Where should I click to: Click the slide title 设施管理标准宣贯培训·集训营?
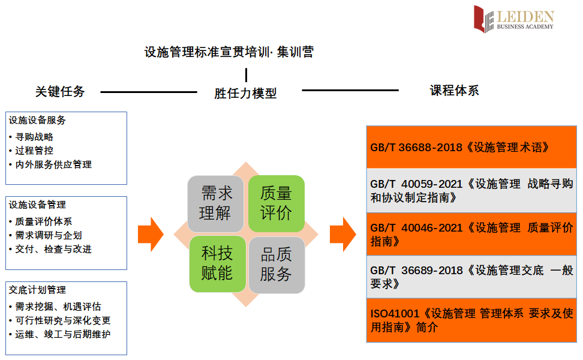(229, 52)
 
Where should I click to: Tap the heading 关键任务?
(60, 92)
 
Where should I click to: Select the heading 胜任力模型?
(245, 94)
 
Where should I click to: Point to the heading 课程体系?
(454, 91)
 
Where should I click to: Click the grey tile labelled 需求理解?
(215, 203)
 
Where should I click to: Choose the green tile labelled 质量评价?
(277, 203)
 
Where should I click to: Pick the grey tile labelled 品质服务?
(277, 265)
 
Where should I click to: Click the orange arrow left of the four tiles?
(150, 234)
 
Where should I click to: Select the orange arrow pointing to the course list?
(342, 234)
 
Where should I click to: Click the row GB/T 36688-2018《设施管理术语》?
(471, 147)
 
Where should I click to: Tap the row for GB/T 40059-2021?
(471, 190)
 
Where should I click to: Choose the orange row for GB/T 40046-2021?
(471, 234)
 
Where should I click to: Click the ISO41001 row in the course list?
(471, 320)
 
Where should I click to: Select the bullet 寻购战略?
(34, 137)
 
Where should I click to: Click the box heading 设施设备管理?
(37, 205)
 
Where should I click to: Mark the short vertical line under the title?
(246, 75)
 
